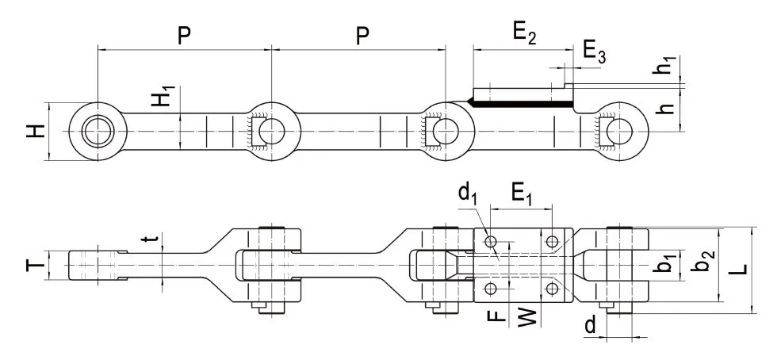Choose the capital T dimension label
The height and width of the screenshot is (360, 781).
click(x=31, y=265)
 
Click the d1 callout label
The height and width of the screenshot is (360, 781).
click(x=467, y=196)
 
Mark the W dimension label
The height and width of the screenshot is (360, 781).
click(x=527, y=317)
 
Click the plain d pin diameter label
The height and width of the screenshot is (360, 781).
click(x=590, y=325)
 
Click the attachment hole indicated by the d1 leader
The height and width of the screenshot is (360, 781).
click(x=491, y=239)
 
